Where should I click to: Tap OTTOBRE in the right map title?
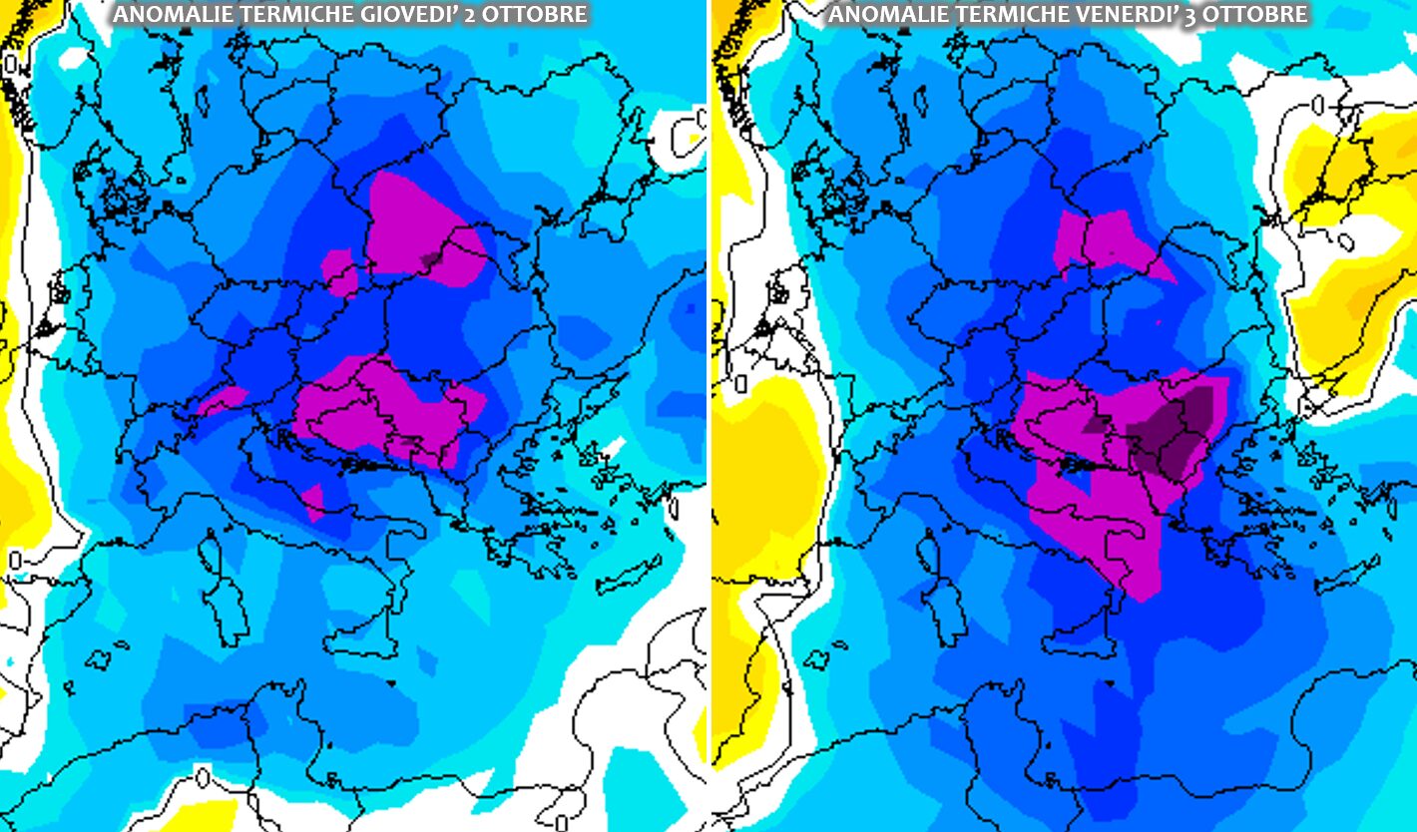tap(1247, 14)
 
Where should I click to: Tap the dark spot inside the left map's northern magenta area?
tap(431, 258)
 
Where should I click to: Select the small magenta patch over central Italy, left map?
tap(314, 499)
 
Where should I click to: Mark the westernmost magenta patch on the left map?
tap(222, 400)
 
